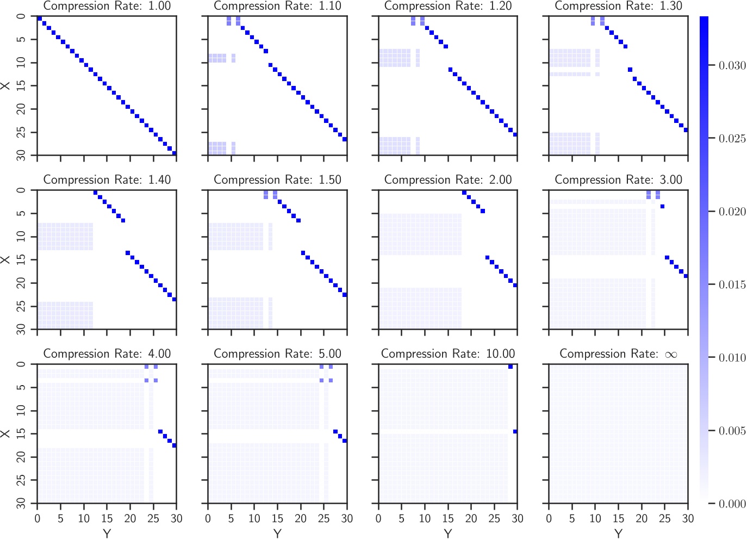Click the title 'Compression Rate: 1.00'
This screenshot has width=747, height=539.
click(107, 6)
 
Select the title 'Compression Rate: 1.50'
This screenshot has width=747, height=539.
click(277, 180)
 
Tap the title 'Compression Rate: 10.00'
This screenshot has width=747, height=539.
click(447, 354)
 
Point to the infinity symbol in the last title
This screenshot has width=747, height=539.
click(671, 355)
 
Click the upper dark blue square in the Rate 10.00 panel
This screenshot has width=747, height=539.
click(511, 367)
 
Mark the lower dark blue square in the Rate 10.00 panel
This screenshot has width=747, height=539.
click(515, 431)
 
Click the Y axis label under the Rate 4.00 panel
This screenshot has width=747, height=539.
click(107, 534)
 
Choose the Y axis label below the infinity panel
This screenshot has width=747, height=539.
click(618, 534)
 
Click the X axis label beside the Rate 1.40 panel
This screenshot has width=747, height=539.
click(6, 259)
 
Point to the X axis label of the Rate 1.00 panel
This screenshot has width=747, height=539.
click(6, 85)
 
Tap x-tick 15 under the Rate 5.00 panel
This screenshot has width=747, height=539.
click(277, 518)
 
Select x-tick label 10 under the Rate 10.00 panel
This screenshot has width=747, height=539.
click(425, 518)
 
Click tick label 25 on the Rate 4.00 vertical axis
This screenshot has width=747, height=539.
click(21, 480)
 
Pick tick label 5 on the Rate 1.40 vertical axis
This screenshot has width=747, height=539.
click(21, 213)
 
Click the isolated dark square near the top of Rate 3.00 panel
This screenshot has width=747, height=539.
click(662, 206)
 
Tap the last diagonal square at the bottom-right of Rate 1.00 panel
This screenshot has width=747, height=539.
click(174, 153)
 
